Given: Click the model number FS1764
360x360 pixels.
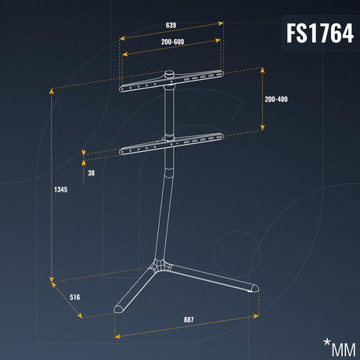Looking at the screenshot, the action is click(320, 33).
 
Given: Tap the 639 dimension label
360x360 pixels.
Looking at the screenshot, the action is click(171, 25).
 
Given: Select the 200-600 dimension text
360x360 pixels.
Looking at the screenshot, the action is click(172, 41).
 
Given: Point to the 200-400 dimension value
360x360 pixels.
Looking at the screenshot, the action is click(276, 99).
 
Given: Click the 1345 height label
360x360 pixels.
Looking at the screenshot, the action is click(61, 189).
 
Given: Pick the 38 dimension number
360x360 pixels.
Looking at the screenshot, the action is click(92, 173).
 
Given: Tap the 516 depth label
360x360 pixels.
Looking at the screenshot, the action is click(75, 297).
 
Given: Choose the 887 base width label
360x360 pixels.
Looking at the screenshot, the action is click(189, 319).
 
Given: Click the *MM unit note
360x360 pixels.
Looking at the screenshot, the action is click(340, 347).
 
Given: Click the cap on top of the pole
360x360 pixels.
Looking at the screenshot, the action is click(170, 74).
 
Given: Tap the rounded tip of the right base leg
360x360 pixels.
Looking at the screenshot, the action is click(254, 288).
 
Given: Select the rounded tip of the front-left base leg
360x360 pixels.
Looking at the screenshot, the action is click(118, 309).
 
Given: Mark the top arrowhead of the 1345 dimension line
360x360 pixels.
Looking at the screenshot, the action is click(52, 91).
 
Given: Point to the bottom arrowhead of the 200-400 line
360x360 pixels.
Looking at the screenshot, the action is click(262, 128).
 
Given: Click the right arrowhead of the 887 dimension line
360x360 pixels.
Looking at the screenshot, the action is click(256, 316).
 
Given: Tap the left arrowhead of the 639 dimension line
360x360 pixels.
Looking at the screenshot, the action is click(122, 38).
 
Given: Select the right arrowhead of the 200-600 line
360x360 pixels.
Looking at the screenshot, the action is click(218, 41).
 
